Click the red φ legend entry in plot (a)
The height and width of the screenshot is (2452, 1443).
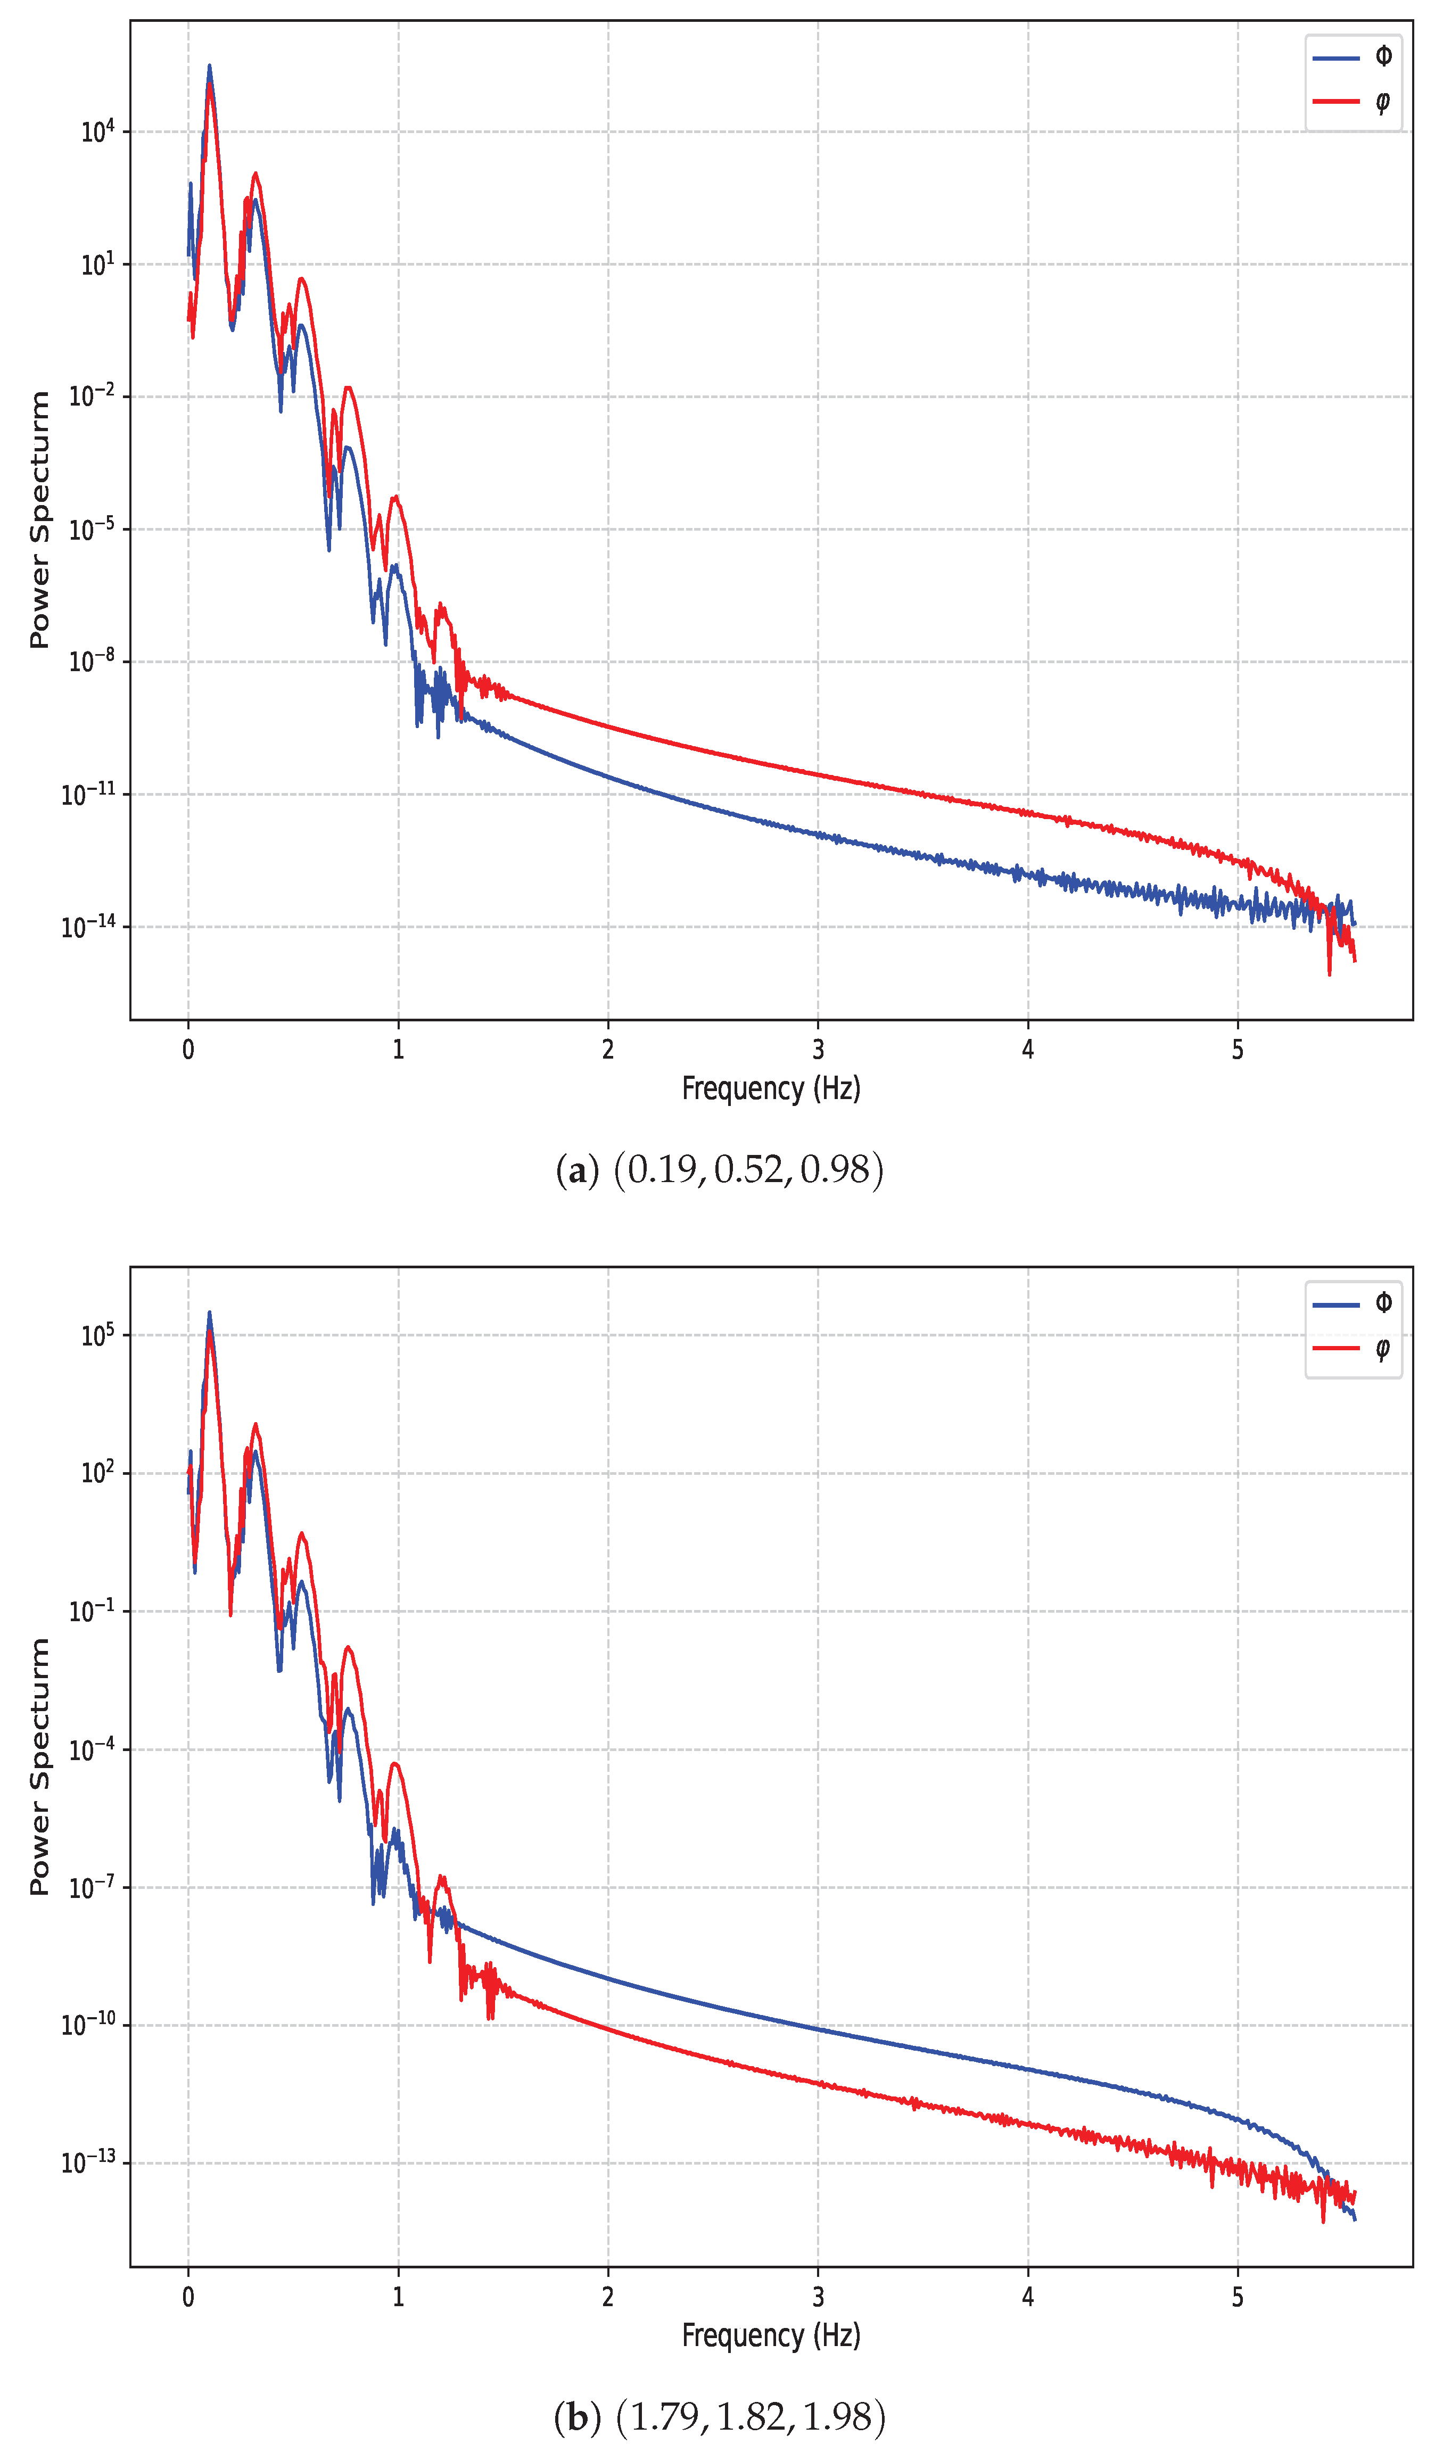tap(1353, 101)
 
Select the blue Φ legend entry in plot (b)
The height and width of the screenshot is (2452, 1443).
tap(1353, 1304)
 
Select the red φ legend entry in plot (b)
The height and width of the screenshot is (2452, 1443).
tap(1353, 1348)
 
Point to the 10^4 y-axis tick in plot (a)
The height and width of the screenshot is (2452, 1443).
tap(97, 131)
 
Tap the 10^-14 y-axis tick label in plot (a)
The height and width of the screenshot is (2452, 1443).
tap(88, 926)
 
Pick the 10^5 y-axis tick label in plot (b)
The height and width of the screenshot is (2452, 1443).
tap(97, 1335)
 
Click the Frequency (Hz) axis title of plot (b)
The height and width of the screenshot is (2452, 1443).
tap(771, 2335)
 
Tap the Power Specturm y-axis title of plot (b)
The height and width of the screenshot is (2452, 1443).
tap(39, 1766)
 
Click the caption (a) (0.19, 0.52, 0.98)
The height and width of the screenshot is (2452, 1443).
tap(720, 1169)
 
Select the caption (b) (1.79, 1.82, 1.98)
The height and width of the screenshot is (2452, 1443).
tap(720, 2416)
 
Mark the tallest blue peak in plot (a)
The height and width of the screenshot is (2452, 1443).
tap(209, 66)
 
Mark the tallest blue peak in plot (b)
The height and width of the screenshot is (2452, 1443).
tap(208, 1312)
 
